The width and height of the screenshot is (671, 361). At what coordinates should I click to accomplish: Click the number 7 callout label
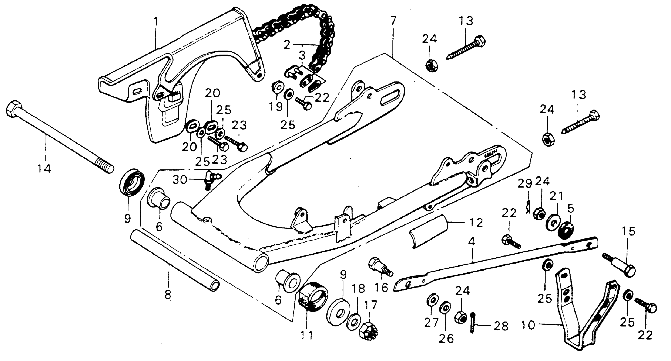[393, 20]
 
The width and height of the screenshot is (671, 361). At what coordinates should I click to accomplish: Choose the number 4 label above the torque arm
[472, 242]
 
